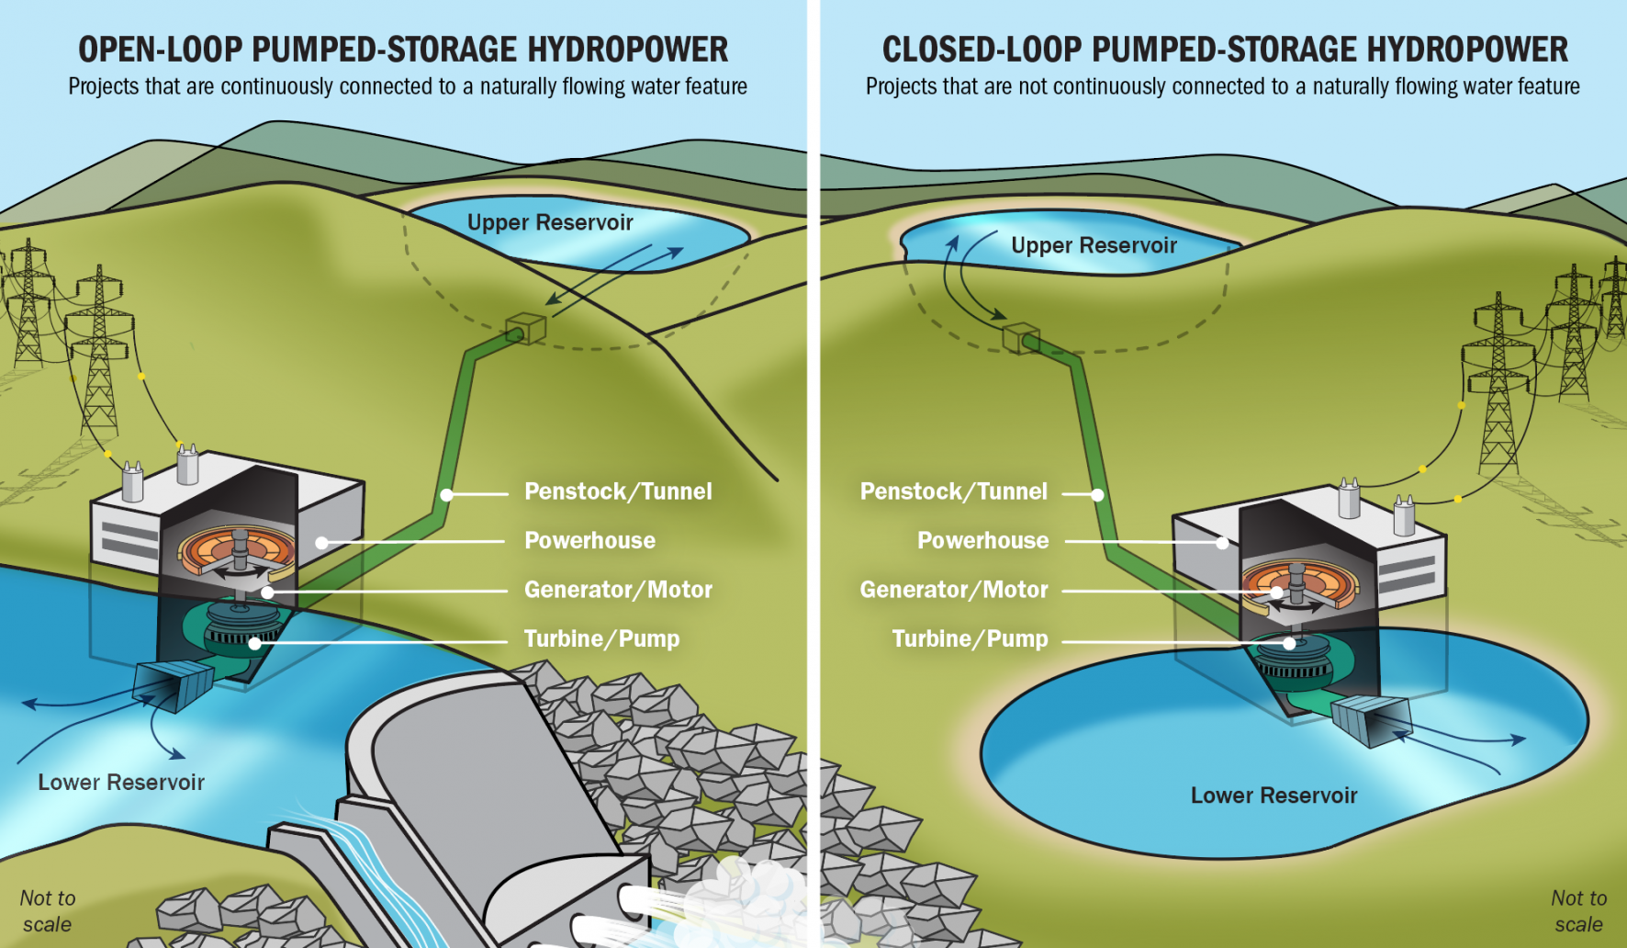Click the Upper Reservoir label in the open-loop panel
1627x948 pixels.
[x=549, y=223]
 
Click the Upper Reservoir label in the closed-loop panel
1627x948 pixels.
[x=1093, y=246]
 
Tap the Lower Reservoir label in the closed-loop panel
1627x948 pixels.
[x=1274, y=796]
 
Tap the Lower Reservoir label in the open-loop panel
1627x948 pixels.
[x=121, y=783]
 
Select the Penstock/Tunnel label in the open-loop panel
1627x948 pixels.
[x=617, y=491]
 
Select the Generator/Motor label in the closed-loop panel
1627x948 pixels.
[x=953, y=590]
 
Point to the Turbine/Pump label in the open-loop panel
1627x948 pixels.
[x=601, y=639]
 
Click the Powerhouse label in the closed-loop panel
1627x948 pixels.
[x=982, y=541]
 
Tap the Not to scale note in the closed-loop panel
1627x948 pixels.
[x=1578, y=911]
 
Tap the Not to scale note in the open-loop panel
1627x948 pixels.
[x=48, y=911]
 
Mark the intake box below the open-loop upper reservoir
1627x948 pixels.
[x=526, y=328]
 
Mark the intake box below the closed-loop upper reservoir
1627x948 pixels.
[x=1020, y=337]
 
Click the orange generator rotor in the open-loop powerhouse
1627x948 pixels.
[x=237, y=550]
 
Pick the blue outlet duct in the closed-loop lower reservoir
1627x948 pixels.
[x=1371, y=719]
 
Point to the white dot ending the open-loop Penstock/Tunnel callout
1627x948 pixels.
[x=447, y=495]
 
